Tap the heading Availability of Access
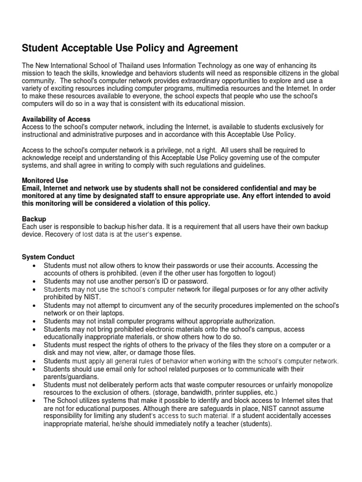point(56,119)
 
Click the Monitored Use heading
point(45,180)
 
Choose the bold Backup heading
point(34,219)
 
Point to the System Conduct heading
point(48,257)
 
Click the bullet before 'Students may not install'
point(34,321)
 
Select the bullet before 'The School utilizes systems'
point(34,401)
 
